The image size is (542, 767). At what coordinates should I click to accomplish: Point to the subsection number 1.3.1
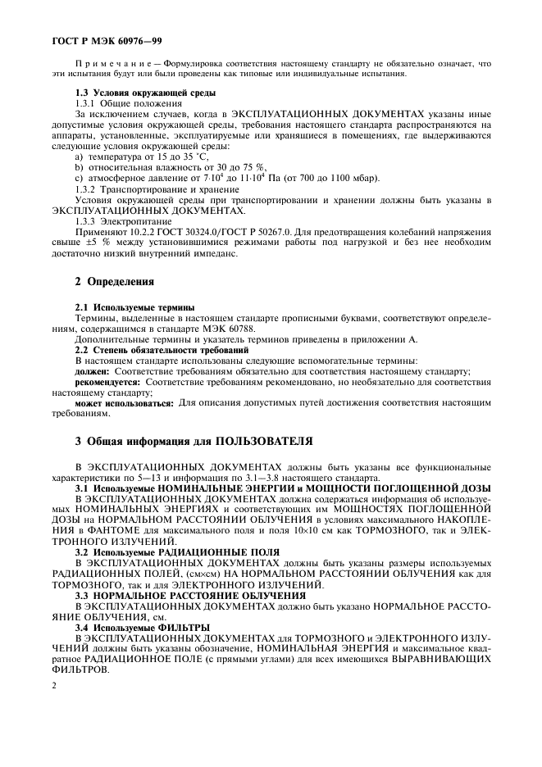[x=87, y=104]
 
